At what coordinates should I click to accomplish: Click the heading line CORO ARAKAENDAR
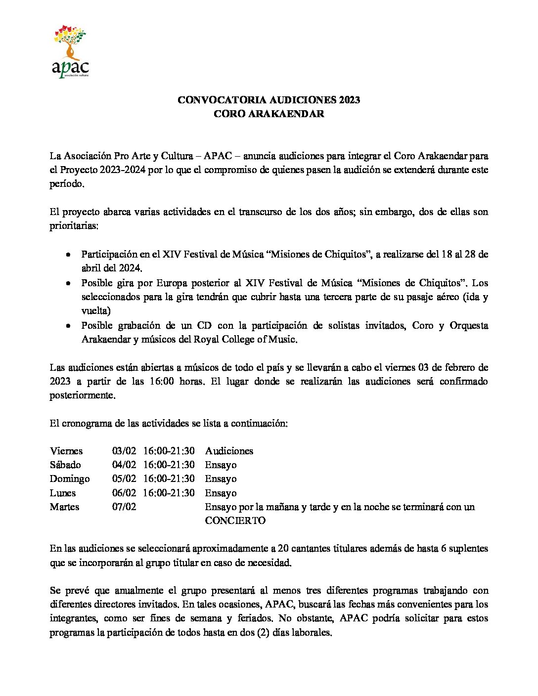(x=269, y=114)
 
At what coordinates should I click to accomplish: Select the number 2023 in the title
(x=350, y=100)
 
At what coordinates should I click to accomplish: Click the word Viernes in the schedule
(x=66, y=451)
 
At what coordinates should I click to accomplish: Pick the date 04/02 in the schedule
(x=124, y=465)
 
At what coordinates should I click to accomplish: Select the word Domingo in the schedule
(x=70, y=478)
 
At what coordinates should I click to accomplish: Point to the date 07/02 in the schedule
(x=124, y=507)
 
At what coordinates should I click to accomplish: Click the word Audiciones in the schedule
(x=229, y=451)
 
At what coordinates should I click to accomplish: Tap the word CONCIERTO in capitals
(x=235, y=521)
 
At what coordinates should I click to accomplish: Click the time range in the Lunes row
(x=169, y=493)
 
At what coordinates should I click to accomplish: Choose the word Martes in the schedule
(x=64, y=507)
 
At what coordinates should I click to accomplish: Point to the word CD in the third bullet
(x=205, y=325)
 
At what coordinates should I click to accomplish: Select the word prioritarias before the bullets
(x=74, y=226)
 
